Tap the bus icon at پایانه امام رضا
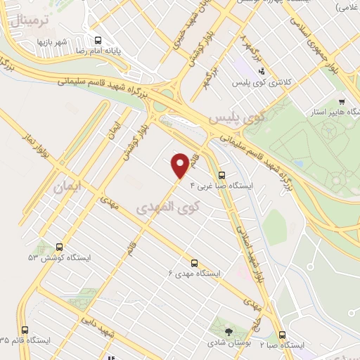[97, 40]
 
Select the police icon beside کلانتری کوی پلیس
[262, 71]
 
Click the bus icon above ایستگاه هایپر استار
[342, 101]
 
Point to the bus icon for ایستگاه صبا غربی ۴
[222, 175]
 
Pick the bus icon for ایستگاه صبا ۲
[282, 335]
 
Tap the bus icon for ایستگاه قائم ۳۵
[26, 330]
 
